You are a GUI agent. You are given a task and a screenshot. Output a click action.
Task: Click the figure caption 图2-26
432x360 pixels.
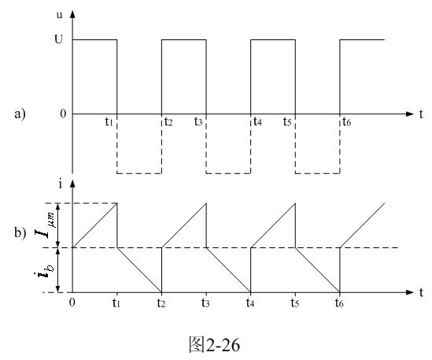[214, 344]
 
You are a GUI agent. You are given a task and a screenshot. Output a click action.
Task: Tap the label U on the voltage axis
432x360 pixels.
[59, 39]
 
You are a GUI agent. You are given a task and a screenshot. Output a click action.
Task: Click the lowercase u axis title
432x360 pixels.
[59, 15]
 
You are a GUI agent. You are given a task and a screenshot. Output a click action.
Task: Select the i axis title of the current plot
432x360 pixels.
[61, 184]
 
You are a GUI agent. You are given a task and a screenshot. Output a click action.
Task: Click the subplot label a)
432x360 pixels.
[20, 113]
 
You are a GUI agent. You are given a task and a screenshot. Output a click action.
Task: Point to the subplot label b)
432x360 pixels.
[20, 232]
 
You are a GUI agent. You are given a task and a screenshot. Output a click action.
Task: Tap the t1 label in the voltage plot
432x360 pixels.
[109, 121]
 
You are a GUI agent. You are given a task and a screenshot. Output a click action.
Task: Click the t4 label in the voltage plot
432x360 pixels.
[257, 121]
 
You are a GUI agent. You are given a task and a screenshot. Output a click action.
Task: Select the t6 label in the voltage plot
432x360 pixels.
[346, 121]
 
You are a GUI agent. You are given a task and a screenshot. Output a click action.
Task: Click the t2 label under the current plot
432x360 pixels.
[161, 303]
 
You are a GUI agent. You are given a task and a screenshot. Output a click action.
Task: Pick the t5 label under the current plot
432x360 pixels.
[295, 303]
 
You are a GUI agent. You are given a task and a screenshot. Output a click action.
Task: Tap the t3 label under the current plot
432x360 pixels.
[205, 303]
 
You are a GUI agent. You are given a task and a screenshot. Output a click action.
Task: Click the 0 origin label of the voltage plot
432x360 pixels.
[64, 113]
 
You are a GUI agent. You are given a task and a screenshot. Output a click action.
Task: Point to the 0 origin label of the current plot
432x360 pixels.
[72, 302]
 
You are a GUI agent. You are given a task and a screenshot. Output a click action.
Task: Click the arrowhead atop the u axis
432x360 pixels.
[72, 14]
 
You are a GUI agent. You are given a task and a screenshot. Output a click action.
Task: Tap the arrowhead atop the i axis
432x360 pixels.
[72, 184]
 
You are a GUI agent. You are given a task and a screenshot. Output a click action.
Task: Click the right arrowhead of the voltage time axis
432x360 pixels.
[410, 114]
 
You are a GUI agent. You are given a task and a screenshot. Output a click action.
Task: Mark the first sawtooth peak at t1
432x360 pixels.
[117, 203]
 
